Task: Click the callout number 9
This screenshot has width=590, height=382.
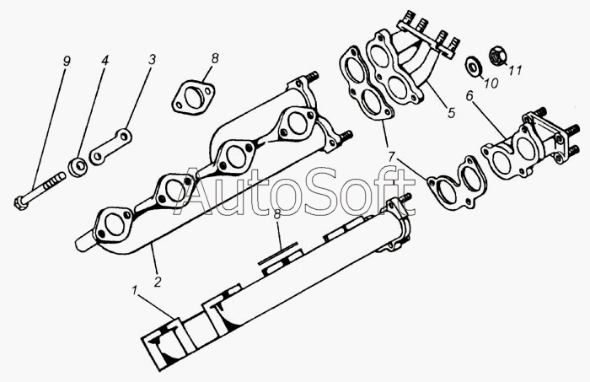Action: pyautogui.click(x=67, y=62)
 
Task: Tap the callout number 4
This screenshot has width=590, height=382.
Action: pyautogui.click(x=105, y=61)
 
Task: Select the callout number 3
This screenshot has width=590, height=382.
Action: pyautogui.click(x=152, y=60)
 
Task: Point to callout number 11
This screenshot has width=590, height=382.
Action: pyautogui.click(x=515, y=70)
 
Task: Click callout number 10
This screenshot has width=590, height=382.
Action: pyautogui.click(x=491, y=83)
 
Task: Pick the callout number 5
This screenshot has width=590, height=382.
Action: pyautogui.click(x=451, y=112)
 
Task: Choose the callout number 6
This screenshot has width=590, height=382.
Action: pyautogui.click(x=469, y=96)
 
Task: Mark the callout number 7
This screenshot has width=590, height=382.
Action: pyautogui.click(x=392, y=157)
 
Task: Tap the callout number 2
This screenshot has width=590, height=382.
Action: pyautogui.click(x=158, y=281)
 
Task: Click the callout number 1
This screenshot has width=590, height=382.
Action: pyautogui.click(x=134, y=291)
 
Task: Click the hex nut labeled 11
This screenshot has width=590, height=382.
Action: pyautogui.click(x=498, y=56)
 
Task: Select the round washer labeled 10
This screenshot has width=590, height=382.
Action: pyautogui.click(x=473, y=65)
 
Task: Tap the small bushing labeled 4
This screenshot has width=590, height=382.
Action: pyautogui.click(x=78, y=167)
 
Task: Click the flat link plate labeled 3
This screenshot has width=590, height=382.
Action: pyautogui.click(x=110, y=147)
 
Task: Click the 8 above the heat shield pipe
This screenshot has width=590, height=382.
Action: pyautogui.click(x=277, y=214)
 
